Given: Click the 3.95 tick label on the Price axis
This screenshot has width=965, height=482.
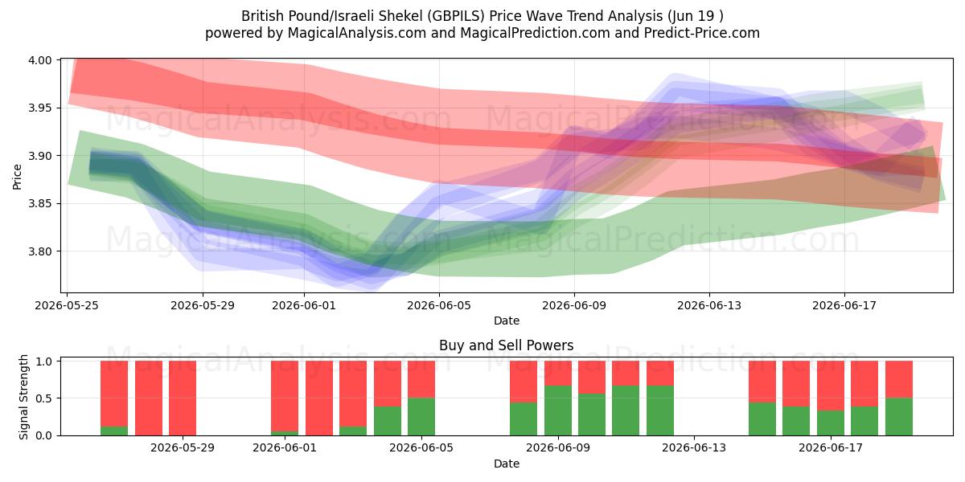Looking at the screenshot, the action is (x=39, y=108).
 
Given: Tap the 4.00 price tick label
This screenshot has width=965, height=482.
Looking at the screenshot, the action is (x=39, y=60).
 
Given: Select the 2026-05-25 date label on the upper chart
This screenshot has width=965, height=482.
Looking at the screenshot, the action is (x=67, y=305).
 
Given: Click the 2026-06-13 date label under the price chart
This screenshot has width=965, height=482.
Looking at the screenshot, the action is (x=709, y=305).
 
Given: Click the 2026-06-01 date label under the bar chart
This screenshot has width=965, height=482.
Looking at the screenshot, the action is (x=285, y=448).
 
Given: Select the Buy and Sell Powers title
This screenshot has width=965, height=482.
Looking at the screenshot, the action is (x=506, y=345).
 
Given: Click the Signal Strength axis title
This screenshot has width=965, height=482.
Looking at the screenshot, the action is (x=23, y=397).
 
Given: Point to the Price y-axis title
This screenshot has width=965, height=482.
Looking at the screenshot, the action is (x=17, y=177).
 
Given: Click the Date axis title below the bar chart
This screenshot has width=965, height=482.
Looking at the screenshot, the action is (x=507, y=464).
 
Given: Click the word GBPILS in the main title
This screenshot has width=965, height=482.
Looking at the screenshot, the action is (x=457, y=16).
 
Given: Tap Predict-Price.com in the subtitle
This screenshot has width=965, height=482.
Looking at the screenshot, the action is (x=702, y=33).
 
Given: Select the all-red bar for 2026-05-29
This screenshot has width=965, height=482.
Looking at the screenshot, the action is (x=183, y=398).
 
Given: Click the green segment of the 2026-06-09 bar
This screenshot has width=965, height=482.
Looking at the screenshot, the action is (x=558, y=411).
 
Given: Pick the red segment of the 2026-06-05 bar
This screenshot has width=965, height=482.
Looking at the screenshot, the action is (x=421, y=379).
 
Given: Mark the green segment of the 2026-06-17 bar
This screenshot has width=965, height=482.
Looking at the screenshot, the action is (x=831, y=423).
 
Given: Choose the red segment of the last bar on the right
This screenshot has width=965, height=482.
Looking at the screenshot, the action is (x=899, y=379).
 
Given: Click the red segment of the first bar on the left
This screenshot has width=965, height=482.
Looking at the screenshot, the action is (x=114, y=394).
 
